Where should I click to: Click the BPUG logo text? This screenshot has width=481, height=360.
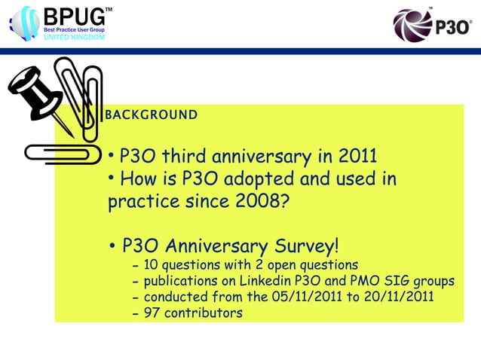[75, 16]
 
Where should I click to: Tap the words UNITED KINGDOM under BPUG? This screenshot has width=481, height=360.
[72, 37]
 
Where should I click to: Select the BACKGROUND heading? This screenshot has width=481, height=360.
[152, 115]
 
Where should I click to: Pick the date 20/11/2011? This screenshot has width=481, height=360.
[397, 296]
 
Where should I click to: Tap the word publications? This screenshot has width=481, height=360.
[182, 281]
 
